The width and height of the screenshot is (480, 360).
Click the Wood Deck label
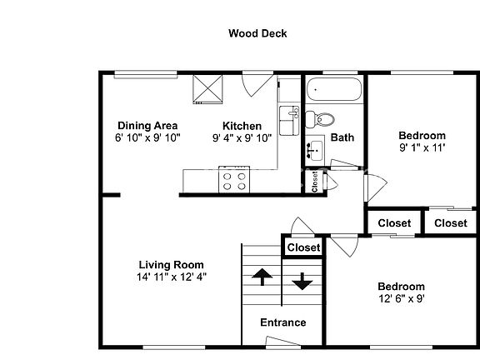tap(257, 33)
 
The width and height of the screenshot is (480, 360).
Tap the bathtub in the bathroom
tap(334, 89)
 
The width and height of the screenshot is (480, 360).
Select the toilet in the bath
tap(320, 119)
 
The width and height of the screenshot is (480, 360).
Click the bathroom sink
tap(315, 150)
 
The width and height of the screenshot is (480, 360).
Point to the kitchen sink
tap(289, 121)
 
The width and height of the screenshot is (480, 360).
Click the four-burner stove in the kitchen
tap(234, 180)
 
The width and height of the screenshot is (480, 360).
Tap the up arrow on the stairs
tap(262, 277)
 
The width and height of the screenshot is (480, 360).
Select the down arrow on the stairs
tap(302, 282)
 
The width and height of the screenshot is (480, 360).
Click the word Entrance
tap(283, 322)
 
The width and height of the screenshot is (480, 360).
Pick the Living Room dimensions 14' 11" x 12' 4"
tap(172, 277)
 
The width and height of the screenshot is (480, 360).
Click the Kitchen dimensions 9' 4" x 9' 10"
tap(242, 138)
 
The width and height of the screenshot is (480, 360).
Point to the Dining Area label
tap(147, 126)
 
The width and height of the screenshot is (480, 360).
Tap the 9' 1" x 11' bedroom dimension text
tap(422, 147)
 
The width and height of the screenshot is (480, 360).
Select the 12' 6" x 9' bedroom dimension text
tap(402, 298)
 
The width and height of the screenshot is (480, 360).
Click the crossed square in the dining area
tap(207, 89)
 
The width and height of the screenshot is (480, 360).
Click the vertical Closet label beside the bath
tap(315, 182)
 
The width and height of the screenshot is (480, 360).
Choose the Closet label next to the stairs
tap(303, 247)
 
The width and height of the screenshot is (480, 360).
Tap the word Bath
tap(342, 137)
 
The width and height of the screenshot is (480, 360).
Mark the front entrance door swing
tap(283, 341)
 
